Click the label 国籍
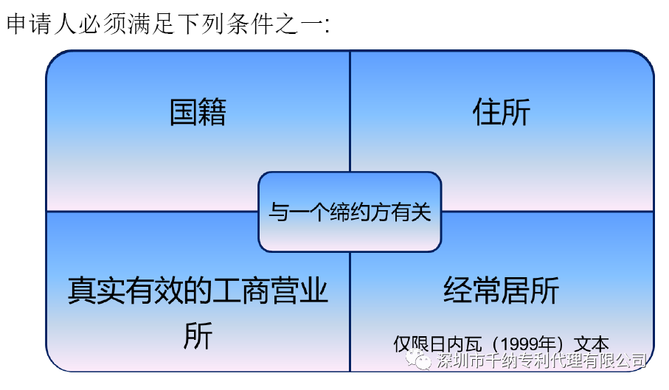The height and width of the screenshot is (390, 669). pyautogui.click(x=198, y=112)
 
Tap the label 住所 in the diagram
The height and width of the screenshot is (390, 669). pyautogui.click(x=502, y=112)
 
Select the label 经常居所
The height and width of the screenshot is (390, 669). pyautogui.click(x=502, y=290)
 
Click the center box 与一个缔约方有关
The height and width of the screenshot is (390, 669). pyautogui.click(x=350, y=212)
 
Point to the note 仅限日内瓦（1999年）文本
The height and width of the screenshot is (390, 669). pyautogui.click(x=502, y=344)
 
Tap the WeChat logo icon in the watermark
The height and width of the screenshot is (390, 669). pyautogui.click(x=418, y=360)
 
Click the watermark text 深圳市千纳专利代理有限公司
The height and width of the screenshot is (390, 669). pyautogui.click(x=541, y=361)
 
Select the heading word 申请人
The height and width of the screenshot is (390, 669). pyautogui.click(x=41, y=24)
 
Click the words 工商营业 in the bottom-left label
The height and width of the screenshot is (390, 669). pyautogui.click(x=271, y=290)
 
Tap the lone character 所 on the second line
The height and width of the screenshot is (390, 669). pyautogui.click(x=198, y=336)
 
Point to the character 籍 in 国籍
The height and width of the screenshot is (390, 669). pyautogui.click(x=212, y=112)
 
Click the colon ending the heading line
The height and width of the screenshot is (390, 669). pyautogui.click(x=327, y=26)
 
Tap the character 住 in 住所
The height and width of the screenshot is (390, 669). pyautogui.click(x=488, y=112)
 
